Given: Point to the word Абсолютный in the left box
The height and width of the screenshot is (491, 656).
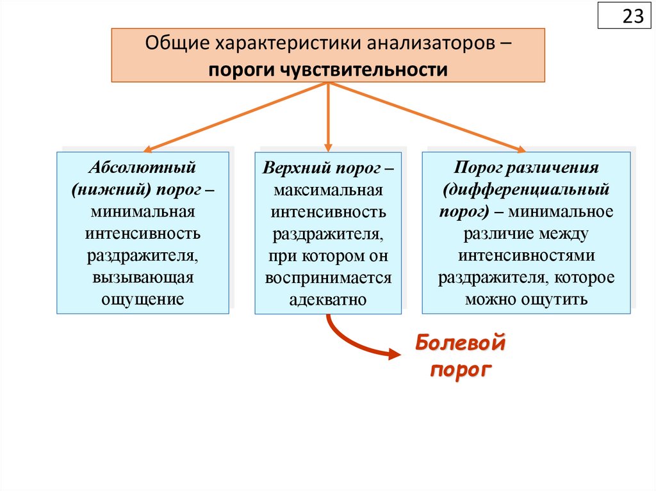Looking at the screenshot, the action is (x=142, y=168).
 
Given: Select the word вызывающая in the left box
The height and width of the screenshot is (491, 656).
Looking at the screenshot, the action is (x=142, y=277).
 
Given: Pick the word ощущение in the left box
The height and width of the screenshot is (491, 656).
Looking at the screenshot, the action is (x=142, y=298).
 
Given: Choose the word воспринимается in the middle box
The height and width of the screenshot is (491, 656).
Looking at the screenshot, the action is (x=328, y=277).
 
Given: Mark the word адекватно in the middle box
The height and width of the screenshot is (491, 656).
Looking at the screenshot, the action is (x=327, y=299).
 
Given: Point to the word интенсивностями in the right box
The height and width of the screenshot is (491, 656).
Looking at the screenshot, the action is (x=527, y=255).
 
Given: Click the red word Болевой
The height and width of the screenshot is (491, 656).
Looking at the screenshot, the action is (x=460, y=343).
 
